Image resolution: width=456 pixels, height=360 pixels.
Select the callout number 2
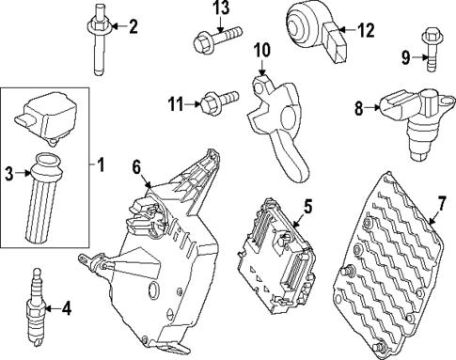click(133, 26)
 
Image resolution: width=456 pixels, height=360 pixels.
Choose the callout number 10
click(261, 49)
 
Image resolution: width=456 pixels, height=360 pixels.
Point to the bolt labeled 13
click(212, 39)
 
